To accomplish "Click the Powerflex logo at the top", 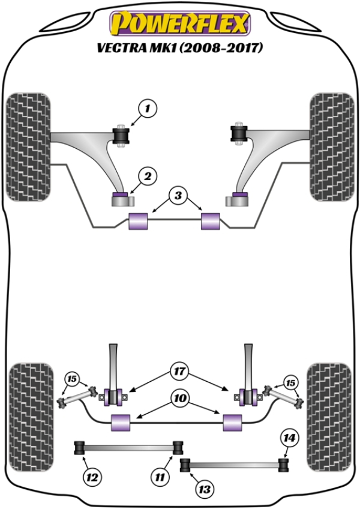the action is [x=180, y=23].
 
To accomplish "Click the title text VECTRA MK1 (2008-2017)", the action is [x=179, y=48].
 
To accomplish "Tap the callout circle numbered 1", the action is [x=148, y=108].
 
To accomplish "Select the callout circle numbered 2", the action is [x=148, y=176].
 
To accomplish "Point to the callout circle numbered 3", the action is [x=178, y=196].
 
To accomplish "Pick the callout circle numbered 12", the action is [x=92, y=478].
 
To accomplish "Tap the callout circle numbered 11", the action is [x=160, y=477].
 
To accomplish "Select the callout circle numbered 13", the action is [x=205, y=489].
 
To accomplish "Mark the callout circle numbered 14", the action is [x=289, y=438].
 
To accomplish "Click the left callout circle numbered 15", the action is [x=73, y=379].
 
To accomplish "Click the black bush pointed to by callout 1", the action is [x=121, y=136].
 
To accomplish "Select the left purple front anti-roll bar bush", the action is [x=138, y=221].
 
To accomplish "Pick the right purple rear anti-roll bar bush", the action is [x=232, y=423].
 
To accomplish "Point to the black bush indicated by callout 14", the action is [x=284, y=466].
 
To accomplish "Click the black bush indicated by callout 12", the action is [x=80, y=448].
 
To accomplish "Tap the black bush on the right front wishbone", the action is [x=239, y=134].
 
